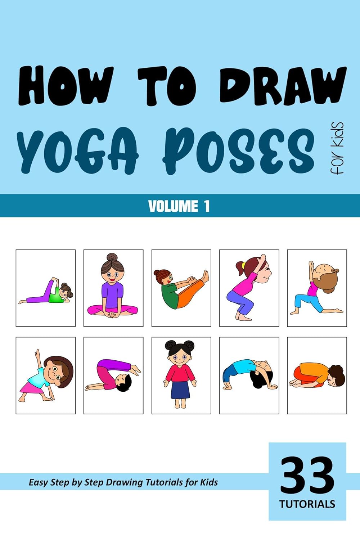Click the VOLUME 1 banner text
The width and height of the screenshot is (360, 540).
click(179, 206)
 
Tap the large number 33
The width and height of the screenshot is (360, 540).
click(307, 476)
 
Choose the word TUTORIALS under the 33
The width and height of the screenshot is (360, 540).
click(307, 504)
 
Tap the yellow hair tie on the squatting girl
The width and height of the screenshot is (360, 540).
click(244, 266)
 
